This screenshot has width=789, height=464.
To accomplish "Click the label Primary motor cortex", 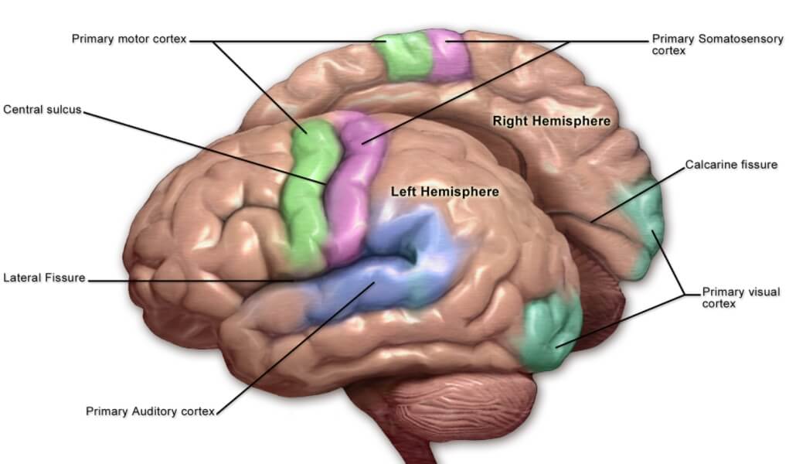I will pos(129,39).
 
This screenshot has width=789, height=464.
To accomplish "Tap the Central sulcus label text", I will pos(42,109).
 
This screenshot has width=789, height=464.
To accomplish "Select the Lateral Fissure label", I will pos(43,278).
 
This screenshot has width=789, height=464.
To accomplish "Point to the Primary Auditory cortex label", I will pos(149,411).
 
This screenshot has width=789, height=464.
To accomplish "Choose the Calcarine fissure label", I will pos(731,165).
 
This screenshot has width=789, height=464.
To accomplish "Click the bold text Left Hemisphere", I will pos(444,191).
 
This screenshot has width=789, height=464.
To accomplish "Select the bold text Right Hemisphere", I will pos(551,121).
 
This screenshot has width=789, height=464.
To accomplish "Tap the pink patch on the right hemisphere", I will pos(448,54).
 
